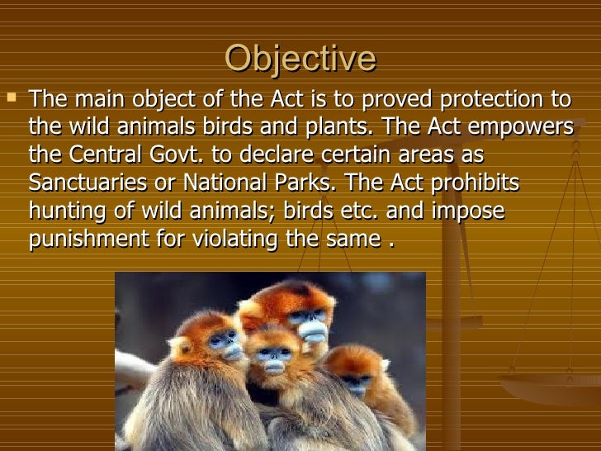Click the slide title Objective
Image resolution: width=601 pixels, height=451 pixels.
click(300, 59)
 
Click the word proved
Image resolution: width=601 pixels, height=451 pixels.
click(397, 99)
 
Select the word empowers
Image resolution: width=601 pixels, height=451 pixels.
click(520, 126)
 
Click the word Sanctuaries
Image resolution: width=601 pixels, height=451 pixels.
click(88, 183)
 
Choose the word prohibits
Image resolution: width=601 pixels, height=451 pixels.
click(475, 183)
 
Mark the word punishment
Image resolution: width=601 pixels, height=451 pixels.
click(89, 240)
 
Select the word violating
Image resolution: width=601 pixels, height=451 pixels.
click(234, 240)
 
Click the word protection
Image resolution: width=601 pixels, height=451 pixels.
click(492, 99)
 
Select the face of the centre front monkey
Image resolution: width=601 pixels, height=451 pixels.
click(273, 359)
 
